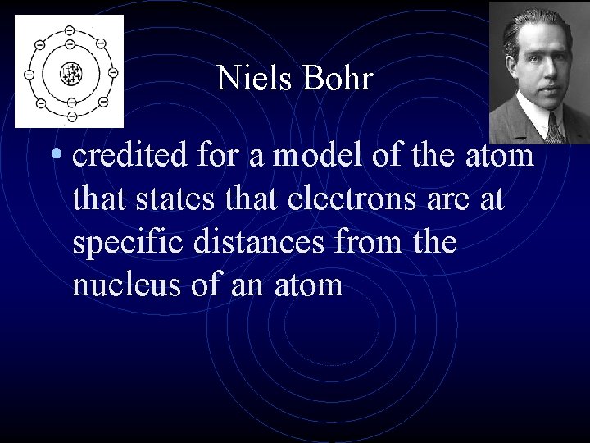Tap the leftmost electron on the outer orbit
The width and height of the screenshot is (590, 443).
pos(29,74)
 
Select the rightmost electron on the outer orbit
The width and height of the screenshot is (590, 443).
pos(112,74)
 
